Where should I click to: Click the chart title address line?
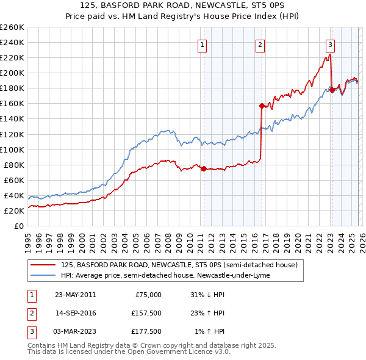point(182,5)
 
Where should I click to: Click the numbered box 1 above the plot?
point(202,44)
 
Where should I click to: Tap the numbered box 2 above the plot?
point(260,44)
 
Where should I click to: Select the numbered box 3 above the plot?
point(330,44)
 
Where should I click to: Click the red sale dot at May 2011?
point(203,168)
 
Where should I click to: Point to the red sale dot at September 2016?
point(261,106)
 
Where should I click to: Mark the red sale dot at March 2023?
point(331,90)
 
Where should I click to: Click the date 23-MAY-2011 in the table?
point(75,295)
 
